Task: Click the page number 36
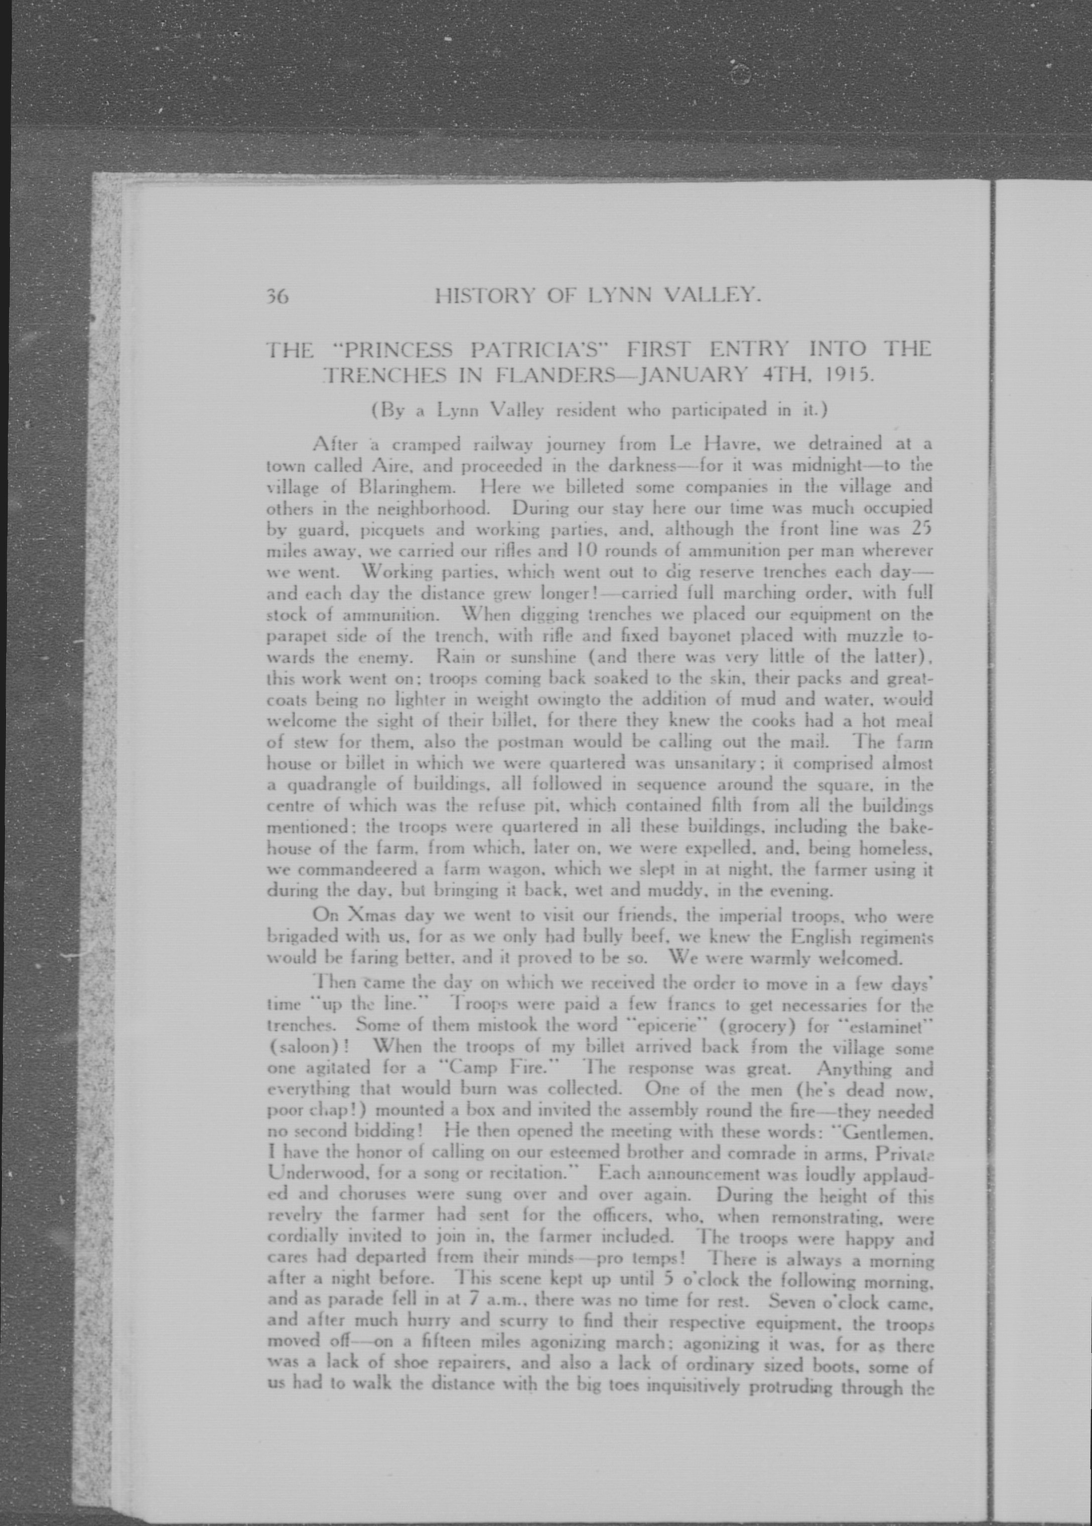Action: click(x=277, y=297)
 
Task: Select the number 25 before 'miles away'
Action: click(x=920, y=529)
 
